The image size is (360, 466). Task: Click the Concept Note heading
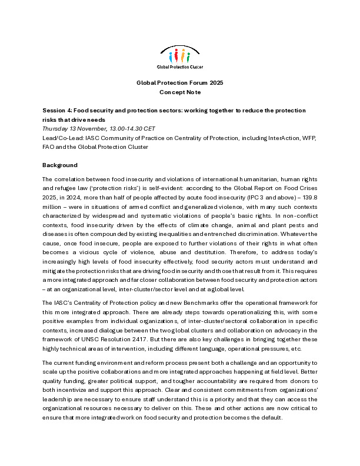[x=180, y=92]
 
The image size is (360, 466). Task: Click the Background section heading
[x=59, y=165]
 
